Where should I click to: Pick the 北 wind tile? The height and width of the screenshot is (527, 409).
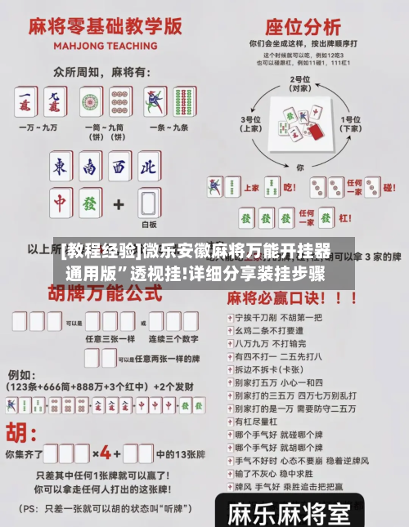pyautogui.click(x=147, y=166)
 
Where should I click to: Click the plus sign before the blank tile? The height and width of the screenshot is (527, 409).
pyautogui.click(x=119, y=202)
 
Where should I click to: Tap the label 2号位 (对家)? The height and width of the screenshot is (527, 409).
pyautogui.click(x=299, y=83)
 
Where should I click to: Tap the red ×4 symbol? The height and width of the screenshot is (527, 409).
pyautogui.click(x=104, y=452)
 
